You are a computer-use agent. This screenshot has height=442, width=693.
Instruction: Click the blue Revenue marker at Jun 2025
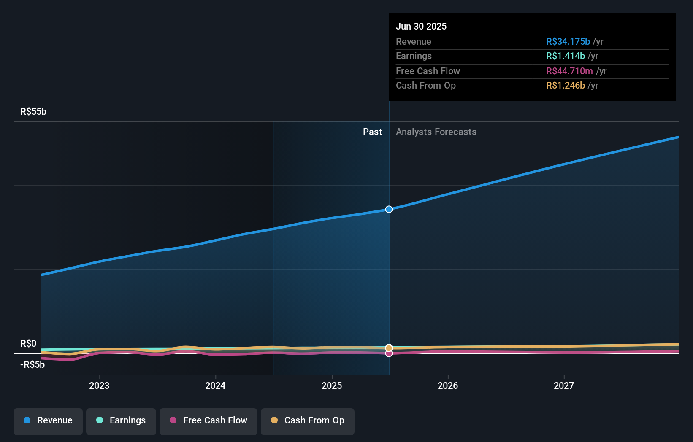click(389, 209)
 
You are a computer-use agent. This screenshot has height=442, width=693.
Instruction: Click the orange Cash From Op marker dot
click(389, 348)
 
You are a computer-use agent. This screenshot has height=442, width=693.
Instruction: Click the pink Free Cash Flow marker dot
click(389, 353)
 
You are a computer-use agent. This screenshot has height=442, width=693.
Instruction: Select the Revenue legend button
click(48, 420)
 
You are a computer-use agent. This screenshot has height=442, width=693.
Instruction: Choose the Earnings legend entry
click(121, 420)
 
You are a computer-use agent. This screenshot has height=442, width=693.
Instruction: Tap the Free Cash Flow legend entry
click(208, 420)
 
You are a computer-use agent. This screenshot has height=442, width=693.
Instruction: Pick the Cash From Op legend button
click(308, 420)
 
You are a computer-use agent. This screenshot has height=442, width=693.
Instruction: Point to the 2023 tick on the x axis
click(99, 385)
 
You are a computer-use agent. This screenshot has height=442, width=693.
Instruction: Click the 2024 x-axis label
click(215, 385)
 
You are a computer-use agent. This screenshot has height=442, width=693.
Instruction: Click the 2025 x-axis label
click(332, 385)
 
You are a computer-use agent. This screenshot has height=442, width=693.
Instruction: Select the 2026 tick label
click(448, 385)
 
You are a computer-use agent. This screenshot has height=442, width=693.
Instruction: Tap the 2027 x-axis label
click(564, 385)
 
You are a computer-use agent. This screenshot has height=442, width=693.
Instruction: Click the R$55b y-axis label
click(33, 112)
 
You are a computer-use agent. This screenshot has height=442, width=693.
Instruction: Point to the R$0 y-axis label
click(28, 343)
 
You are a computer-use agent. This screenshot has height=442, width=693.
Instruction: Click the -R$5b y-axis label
click(32, 364)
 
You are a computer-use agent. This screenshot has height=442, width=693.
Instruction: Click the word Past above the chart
click(372, 132)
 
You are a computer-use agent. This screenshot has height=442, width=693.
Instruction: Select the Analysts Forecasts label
click(436, 132)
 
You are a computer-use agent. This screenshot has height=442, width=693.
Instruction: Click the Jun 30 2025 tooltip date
click(421, 26)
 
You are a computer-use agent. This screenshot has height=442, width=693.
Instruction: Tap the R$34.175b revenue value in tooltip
click(568, 41)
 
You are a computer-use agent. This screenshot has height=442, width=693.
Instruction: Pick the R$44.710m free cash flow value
click(569, 71)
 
